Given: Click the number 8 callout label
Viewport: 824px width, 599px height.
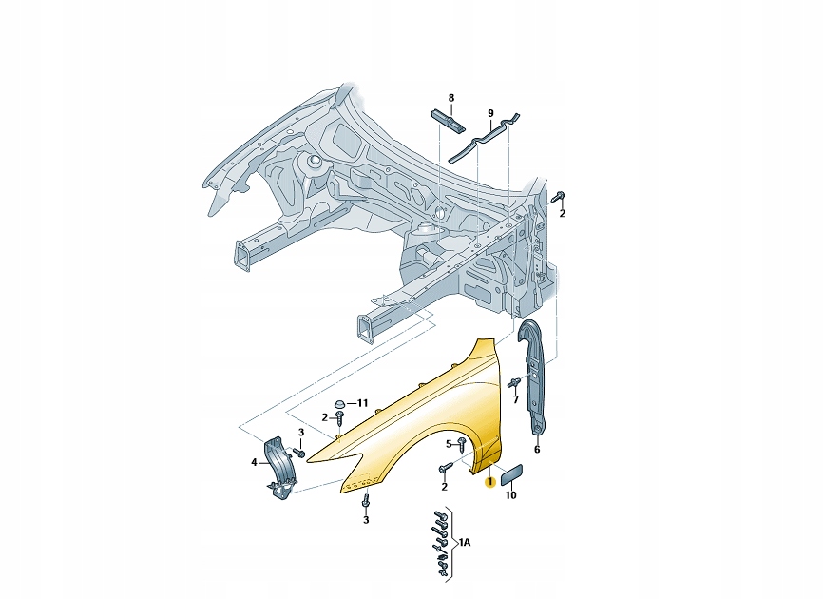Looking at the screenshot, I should pos(451,98).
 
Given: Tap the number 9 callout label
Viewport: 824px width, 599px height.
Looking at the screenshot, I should pos(490,113).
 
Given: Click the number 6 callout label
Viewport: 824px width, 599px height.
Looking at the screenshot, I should pos(537,449).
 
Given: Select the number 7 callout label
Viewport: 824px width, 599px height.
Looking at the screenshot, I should pos(516,399).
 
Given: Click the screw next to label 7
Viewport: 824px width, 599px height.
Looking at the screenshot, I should pos(513,383).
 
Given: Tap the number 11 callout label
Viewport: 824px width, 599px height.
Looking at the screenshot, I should pos(361,403).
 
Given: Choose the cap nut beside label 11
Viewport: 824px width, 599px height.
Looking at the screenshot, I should pos(342,403).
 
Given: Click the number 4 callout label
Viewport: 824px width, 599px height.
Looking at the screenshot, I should pos(255,462).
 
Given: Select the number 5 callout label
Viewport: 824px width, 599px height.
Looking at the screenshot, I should pos(449,443).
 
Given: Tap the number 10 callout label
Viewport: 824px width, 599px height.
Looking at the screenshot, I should pos(510,494).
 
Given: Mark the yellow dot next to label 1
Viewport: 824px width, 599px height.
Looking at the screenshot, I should pos(489,483).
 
